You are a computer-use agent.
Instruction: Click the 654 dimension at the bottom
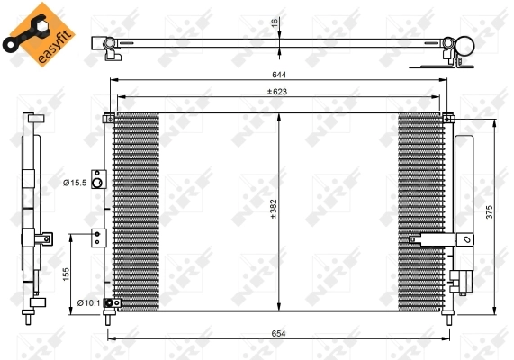(278, 333)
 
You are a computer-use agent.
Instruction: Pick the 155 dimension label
(65, 273)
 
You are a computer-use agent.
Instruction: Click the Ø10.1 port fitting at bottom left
(109, 303)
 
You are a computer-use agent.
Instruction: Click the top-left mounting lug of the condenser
(109, 115)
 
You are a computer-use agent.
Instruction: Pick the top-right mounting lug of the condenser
(447, 115)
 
